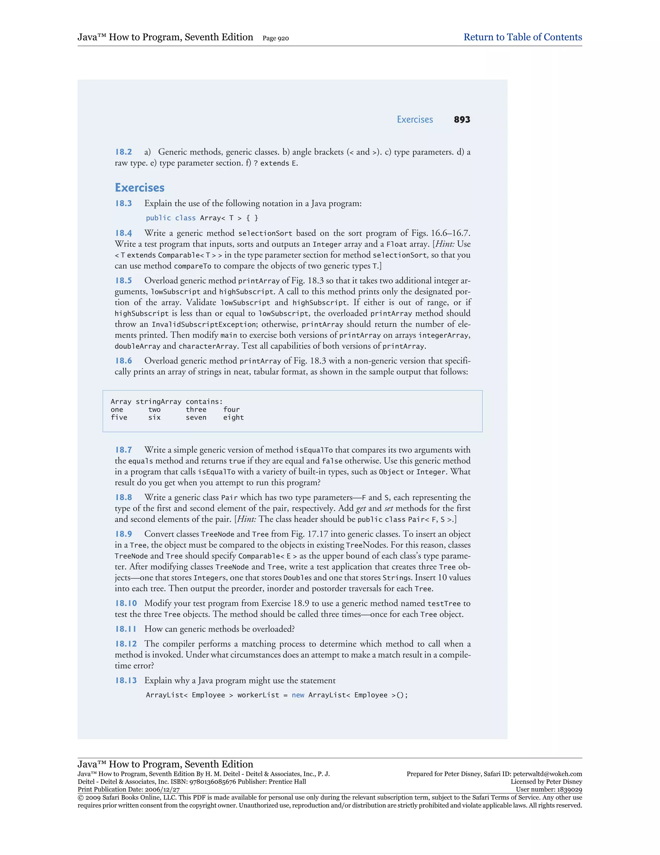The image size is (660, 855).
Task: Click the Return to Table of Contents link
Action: (x=522, y=37)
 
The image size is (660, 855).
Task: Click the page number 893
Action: (x=462, y=120)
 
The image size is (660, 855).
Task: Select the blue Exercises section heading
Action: (x=140, y=187)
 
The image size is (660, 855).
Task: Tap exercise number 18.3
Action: (x=123, y=204)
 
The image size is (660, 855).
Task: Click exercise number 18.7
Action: (x=123, y=450)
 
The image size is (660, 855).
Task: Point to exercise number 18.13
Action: (x=126, y=680)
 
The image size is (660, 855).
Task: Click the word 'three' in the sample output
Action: (x=196, y=409)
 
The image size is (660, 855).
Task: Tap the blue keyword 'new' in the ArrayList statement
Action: (x=298, y=695)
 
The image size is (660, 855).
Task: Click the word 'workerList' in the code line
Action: (x=258, y=695)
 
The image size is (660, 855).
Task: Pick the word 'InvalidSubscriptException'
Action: (x=204, y=325)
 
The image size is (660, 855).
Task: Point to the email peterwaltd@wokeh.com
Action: (x=548, y=774)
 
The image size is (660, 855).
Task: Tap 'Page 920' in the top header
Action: (x=276, y=38)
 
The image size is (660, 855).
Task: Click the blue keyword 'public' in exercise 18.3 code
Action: (x=158, y=218)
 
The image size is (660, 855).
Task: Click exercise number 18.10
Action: (x=126, y=603)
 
